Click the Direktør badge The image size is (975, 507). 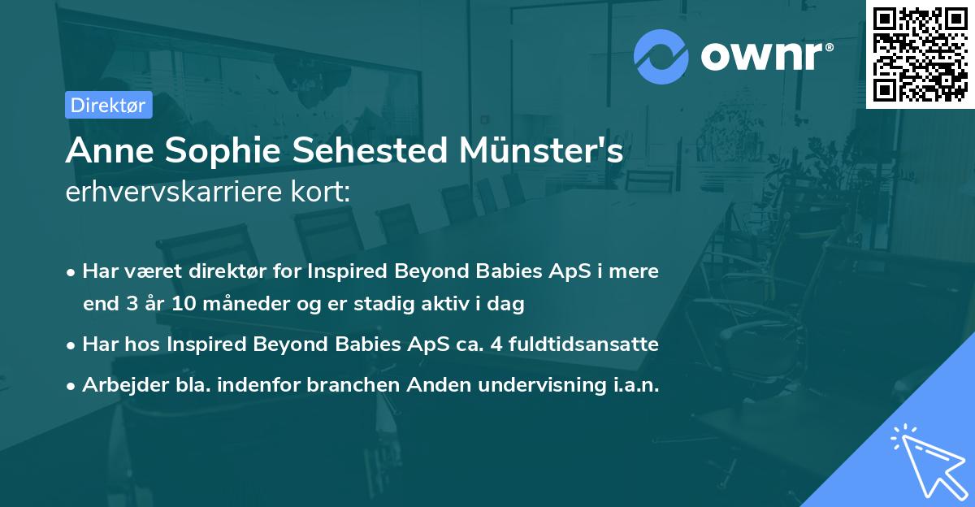[x=108, y=106]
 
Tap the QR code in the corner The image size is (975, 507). [x=920, y=54]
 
